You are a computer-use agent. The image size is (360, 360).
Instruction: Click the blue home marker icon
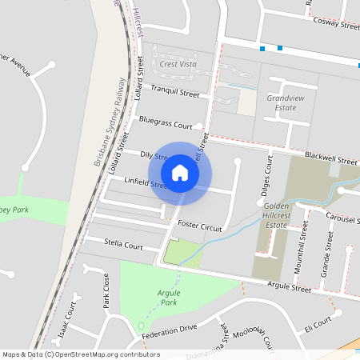[180, 171]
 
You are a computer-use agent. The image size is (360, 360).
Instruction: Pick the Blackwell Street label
[330, 160]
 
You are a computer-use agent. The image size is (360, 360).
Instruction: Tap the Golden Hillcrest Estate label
[286, 215]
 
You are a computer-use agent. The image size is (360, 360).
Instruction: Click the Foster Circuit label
[199, 226]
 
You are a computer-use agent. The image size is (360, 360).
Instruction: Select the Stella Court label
[124, 246]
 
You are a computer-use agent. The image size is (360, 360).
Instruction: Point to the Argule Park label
[167, 298]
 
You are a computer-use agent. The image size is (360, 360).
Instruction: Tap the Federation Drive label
[169, 330]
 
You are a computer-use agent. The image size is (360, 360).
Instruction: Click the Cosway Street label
[336, 25]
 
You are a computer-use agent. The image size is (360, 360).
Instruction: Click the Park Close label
[105, 290]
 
